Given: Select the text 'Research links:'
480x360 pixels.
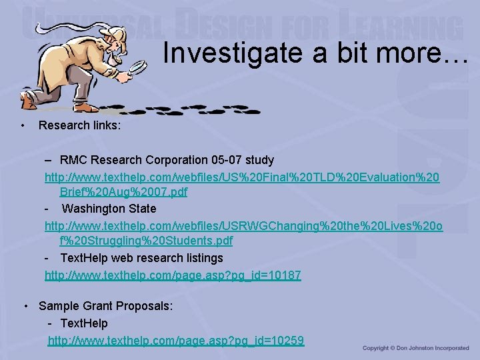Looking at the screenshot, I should point(79,125).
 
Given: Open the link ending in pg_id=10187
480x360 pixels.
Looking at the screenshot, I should point(173,275).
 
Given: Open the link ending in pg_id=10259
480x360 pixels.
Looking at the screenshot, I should point(176,340).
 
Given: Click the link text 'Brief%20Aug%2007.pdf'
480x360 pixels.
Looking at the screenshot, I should point(123,192).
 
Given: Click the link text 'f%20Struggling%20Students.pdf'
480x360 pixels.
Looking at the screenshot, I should point(146,241).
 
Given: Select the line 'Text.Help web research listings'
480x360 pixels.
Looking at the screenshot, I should point(141,257).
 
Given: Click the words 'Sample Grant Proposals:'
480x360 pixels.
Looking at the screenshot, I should point(105,306).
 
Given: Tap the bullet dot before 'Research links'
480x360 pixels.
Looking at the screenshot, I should point(23,125).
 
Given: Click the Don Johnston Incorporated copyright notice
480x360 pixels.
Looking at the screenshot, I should point(415,348).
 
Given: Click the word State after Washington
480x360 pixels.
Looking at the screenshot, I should point(143,209).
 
